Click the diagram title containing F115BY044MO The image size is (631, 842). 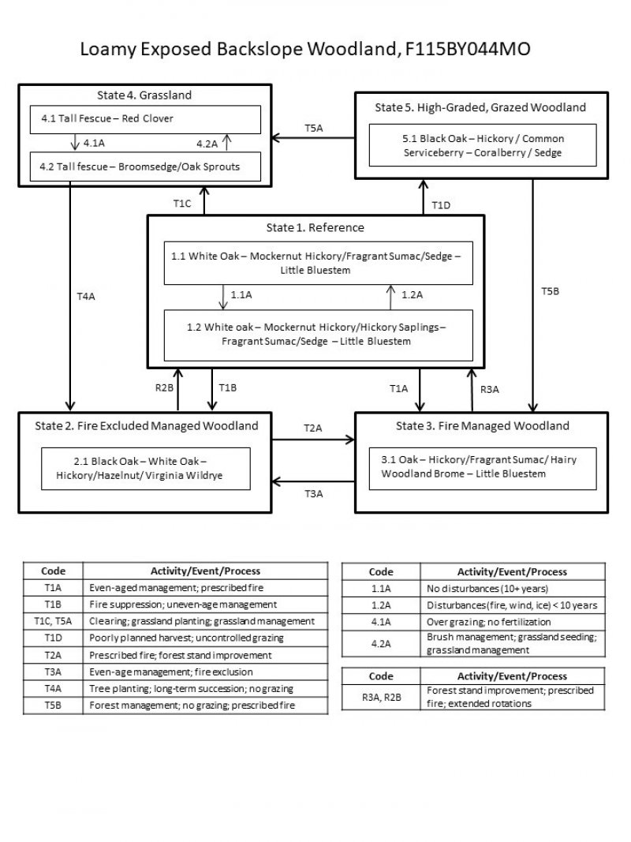[x=305, y=49]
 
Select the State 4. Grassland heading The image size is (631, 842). [x=144, y=95]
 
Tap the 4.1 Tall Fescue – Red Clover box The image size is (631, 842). [x=145, y=119]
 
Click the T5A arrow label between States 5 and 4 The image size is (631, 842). [x=314, y=127]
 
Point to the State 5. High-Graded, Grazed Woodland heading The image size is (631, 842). [x=480, y=107]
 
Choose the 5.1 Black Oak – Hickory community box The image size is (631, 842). [x=481, y=145]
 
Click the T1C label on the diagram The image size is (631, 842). [x=182, y=204]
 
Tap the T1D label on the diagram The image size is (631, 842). [x=441, y=206]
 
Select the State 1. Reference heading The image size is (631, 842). [x=315, y=227]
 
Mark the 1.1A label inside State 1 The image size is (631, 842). [x=241, y=294]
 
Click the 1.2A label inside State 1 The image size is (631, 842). [x=413, y=294]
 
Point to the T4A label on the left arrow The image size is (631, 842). [x=85, y=296]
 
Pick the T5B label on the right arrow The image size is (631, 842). [x=550, y=290]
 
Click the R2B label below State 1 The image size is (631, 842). [x=164, y=387]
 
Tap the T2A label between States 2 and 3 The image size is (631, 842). [x=313, y=427]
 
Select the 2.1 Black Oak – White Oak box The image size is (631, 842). [x=145, y=469]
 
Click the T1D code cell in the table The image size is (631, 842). [x=54, y=637]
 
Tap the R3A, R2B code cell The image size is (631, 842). [x=381, y=697]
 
